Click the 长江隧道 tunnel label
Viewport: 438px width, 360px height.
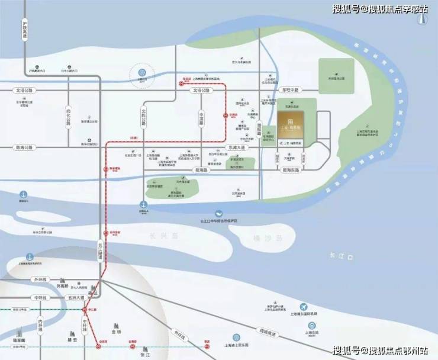tap(101, 252)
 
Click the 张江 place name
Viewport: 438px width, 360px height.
tap(136, 355)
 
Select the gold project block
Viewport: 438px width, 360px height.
tap(290, 127)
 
